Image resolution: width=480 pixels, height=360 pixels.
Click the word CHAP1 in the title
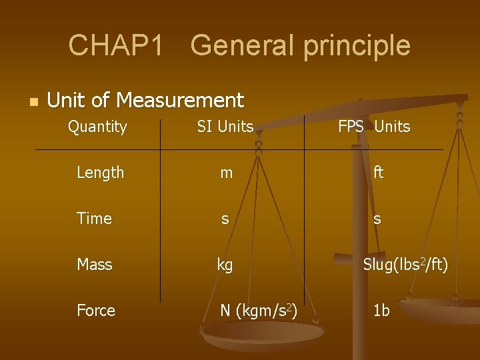(x=115, y=45)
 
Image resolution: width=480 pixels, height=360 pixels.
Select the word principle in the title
(x=356, y=45)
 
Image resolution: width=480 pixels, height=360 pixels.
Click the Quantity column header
(x=97, y=127)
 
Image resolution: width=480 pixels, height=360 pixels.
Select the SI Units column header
(x=225, y=127)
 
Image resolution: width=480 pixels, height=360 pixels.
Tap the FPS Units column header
(x=374, y=127)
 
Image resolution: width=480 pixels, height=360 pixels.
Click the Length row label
(x=100, y=173)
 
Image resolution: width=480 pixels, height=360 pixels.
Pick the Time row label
(x=94, y=219)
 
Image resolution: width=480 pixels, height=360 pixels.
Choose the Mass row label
(x=94, y=265)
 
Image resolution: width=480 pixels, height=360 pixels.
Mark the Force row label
(x=96, y=311)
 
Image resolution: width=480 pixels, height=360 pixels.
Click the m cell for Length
(x=227, y=173)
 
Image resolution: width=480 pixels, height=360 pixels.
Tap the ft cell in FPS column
(x=378, y=173)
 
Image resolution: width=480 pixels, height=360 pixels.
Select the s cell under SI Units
(x=225, y=219)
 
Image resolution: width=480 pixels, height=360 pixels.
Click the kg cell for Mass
(x=225, y=265)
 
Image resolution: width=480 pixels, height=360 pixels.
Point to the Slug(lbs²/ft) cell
(x=405, y=265)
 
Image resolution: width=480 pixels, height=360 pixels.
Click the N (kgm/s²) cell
(x=259, y=311)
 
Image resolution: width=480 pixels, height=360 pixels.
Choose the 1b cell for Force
(x=381, y=311)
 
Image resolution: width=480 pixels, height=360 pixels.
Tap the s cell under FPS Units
(x=377, y=219)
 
